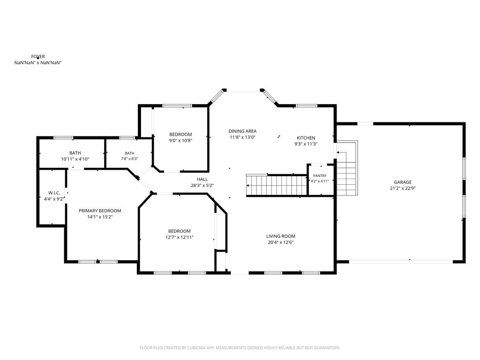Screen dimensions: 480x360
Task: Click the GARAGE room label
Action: (403, 182)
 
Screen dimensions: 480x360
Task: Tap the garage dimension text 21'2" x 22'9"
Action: (403, 188)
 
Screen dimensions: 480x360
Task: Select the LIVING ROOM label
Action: (281, 236)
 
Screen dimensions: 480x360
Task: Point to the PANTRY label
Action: (320, 176)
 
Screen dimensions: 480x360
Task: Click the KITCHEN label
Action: (306, 138)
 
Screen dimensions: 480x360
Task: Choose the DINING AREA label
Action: (242, 131)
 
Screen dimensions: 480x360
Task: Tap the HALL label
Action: (202, 180)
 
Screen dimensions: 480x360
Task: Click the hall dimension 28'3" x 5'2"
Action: (202, 186)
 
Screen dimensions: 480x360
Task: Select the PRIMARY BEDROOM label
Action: (100, 210)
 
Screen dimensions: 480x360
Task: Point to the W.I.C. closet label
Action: (54, 193)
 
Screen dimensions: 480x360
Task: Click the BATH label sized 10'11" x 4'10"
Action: (75, 153)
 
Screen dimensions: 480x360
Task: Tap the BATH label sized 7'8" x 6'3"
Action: (129, 153)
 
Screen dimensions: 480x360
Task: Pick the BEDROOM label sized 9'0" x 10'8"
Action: (180, 135)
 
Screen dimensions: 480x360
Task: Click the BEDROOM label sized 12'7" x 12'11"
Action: (180, 231)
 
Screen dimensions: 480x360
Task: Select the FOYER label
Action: (38, 57)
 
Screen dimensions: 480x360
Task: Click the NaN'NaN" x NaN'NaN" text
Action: (38, 63)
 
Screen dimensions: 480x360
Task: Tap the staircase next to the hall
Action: (277, 185)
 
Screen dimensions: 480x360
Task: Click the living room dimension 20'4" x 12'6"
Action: (281, 242)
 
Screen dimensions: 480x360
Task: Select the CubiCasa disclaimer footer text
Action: (240, 348)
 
